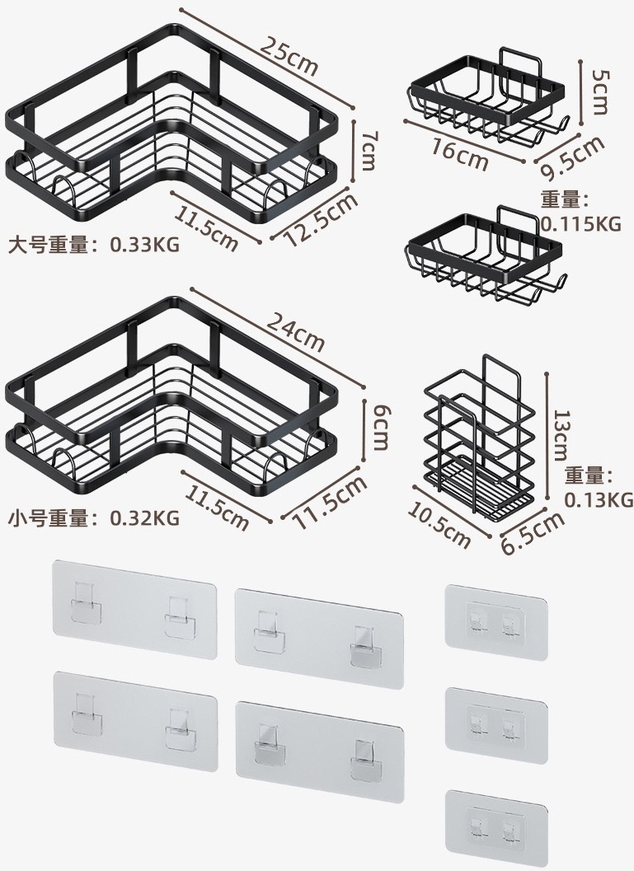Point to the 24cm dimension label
click(295, 331)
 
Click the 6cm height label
click(379, 427)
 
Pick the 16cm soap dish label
click(459, 155)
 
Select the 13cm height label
click(563, 435)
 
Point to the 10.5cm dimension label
click(439, 524)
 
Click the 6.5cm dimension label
click(533, 531)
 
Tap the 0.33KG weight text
click(144, 245)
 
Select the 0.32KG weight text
click(144, 517)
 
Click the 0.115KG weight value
click(580, 224)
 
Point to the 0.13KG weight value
click(599, 500)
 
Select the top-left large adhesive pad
click(134, 609)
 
